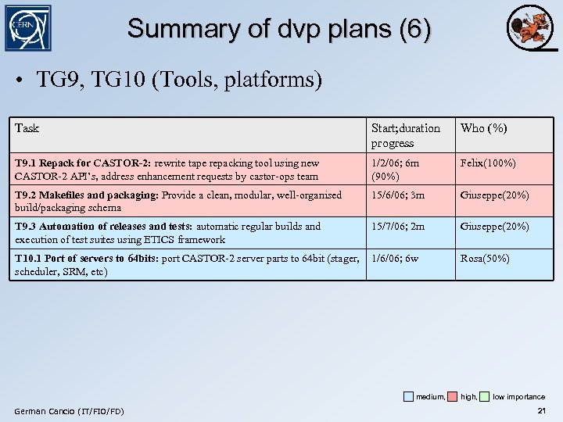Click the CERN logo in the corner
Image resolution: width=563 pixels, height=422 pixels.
[x=28, y=28]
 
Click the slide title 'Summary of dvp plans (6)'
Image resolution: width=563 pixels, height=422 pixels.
[x=279, y=29]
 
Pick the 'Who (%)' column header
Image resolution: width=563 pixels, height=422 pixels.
[x=483, y=128]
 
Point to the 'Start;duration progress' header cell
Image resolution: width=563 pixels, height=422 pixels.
[x=405, y=135]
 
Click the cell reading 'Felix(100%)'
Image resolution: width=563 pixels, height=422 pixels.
[x=488, y=163]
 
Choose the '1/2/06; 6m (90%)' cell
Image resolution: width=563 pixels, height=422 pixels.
[x=395, y=170]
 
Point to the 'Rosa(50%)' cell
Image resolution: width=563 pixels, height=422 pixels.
[x=485, y=258]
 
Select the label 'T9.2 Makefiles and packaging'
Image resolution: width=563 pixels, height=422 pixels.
[x=86, y=195]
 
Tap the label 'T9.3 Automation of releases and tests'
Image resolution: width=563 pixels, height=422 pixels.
[x=103, y=226]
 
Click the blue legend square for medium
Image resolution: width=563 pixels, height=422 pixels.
[x=409, y=396]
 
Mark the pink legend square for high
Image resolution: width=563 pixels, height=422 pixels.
[x=453, y=396]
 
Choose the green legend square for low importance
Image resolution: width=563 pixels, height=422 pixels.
[x=485, y=396]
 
